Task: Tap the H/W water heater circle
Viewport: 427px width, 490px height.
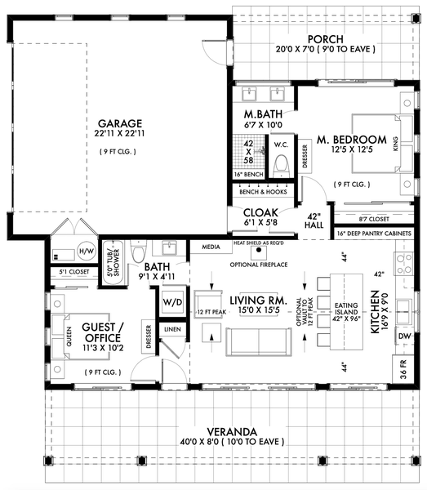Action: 86,250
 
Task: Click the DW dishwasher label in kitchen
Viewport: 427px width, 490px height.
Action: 402,335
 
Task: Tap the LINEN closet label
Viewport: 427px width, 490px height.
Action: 173,328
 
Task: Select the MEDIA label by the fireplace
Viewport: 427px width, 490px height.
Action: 210,245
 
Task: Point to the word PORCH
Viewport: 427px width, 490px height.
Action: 325,38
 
